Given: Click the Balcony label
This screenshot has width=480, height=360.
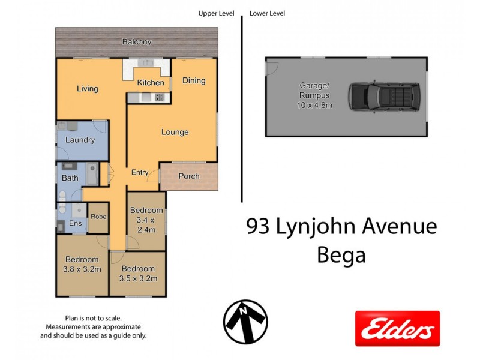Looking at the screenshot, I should pos(137,42).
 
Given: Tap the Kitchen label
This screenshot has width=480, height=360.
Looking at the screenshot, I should pos(151,82).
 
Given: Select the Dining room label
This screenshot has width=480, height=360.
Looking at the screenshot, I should pos(194,80).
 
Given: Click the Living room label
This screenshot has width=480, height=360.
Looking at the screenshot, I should pos(87,89).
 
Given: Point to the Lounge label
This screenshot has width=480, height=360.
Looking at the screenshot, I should pos(175,132).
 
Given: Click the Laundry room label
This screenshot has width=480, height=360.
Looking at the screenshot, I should pos(80,140).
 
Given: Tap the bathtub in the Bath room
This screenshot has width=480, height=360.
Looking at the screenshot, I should pos(92,175).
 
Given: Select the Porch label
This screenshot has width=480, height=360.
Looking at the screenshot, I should pos(188,176).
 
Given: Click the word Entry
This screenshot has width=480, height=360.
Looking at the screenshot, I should pos(140,173).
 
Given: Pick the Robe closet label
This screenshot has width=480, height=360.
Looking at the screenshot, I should pos(97,217).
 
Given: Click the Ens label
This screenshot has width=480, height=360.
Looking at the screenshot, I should pos(76,224).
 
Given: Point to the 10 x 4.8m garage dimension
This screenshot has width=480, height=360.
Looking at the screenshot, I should pos(315,105).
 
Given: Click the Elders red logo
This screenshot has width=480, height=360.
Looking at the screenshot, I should pos(397,328).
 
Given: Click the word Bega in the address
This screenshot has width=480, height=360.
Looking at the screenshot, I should pos(341,256).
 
